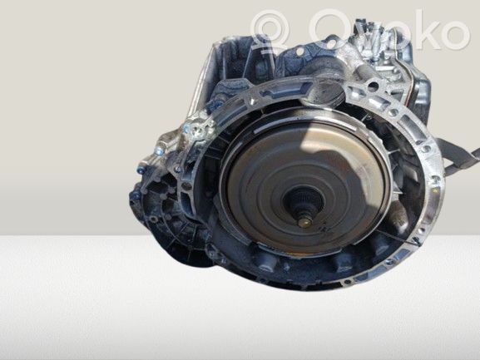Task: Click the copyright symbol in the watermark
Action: point(270,28)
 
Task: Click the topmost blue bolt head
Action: point(186,129)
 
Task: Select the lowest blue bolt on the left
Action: point(136,195)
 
